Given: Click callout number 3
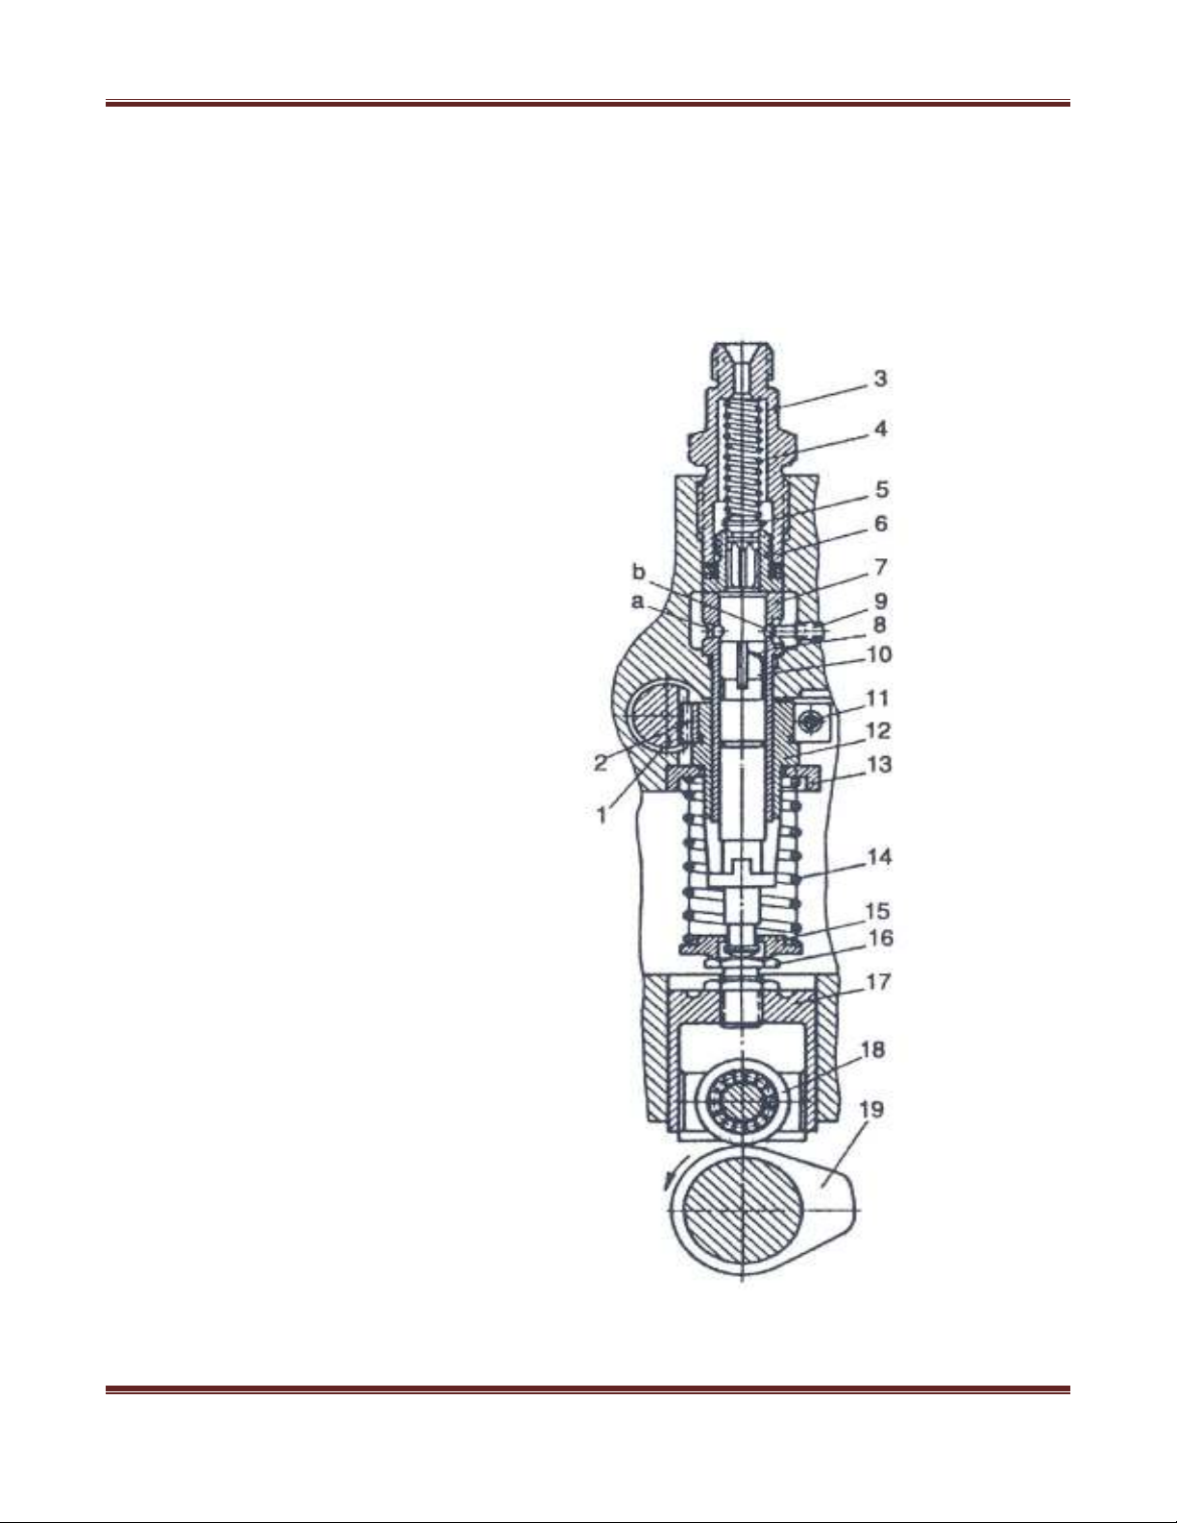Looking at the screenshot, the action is pyautogui.click(x=880, y=379).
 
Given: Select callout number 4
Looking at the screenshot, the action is pyautogui.click(x=881, y=429).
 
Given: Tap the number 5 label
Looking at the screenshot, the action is pyautogui.click(x=882, y=490).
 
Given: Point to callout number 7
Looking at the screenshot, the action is pyautogui.click(x=881, y=566).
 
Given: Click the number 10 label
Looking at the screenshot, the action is pyautogui.click(x=879, y=654).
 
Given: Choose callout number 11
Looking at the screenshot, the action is pyautogui.click(x=878, y=698).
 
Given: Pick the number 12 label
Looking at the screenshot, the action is pyautogui.click(x=878, y=731).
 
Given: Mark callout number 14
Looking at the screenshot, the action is pyautogui.click(x=879, y=856).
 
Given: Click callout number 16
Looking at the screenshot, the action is pyautogui.click(x=881, y=938).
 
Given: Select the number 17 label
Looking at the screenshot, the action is pyautogui.click(x=878, y=982).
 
